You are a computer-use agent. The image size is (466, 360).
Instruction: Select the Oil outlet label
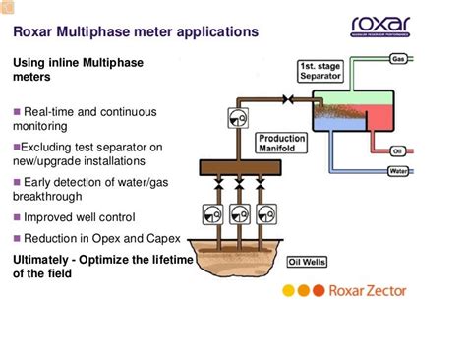[398, 150]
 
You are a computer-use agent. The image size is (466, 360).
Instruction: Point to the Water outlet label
[398, 171]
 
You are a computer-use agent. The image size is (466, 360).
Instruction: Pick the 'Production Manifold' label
[281, 144]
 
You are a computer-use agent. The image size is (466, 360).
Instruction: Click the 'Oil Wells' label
[307, 263]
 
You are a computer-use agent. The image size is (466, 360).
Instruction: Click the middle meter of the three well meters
[239, 212]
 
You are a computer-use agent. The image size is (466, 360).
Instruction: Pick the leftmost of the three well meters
[210, 212]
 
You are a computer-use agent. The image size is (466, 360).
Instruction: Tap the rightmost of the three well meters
[266, 212]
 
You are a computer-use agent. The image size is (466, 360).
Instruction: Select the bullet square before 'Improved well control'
[17, 217]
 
